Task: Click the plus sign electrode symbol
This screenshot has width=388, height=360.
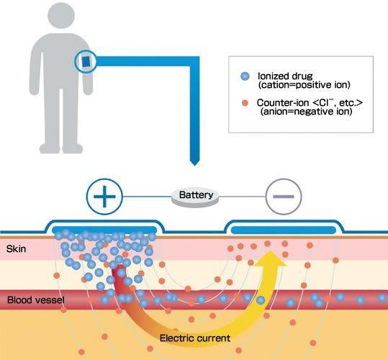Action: coord(104,197)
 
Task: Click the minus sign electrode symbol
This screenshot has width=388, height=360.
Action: coord(284,197)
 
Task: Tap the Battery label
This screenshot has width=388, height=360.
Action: coord(196,195)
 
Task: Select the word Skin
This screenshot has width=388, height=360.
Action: coord(16,249)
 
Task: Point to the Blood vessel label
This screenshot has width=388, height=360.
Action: coord(36,300)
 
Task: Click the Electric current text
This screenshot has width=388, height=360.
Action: coord(195,338)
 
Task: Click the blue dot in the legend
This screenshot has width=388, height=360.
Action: coord(245,76)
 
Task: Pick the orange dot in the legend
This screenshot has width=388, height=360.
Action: coord(245,103)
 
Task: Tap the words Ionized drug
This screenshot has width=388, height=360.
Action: coord(285,76)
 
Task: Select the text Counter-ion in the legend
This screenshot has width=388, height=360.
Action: coord(283,102)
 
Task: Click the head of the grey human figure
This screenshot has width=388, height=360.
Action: coord(61,15)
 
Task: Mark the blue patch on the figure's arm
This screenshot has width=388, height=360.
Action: coord(86,62)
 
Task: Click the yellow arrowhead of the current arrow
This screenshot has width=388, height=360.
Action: coord(271,258)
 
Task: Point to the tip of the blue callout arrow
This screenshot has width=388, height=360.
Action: coord(195,165)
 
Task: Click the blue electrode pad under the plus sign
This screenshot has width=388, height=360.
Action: coord(104,230)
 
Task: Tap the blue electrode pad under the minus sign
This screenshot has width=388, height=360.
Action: coord(284,230)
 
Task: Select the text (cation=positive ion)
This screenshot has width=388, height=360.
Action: coord(304,85)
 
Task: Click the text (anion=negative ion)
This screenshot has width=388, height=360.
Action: coord(306,112)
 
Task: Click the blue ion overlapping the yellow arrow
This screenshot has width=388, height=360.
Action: coord(261,300)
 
